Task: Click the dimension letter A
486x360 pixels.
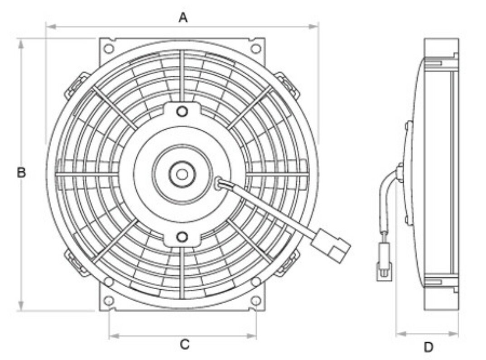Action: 183,17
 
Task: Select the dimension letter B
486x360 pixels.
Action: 21,173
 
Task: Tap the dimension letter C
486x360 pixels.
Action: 184,345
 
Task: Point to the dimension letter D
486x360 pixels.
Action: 428,347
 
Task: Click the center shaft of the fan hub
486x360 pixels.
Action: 182,174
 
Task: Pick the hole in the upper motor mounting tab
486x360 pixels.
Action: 182,111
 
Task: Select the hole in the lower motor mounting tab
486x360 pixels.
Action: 182,236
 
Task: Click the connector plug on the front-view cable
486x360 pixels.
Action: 331,245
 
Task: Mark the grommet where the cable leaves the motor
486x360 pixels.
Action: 219,183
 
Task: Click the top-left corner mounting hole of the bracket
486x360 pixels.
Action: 108,48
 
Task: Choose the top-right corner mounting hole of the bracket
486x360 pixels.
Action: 256,48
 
